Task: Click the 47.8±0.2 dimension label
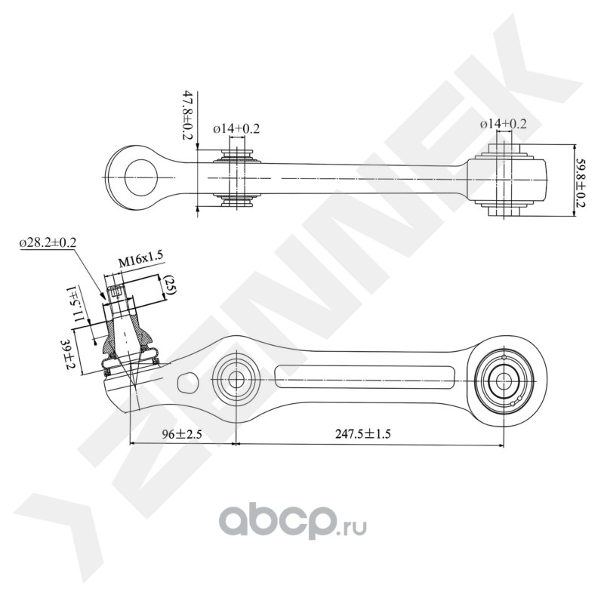(x=187, y=116)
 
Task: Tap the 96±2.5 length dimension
(x=182, y=435)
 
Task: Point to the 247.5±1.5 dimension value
(x=363, y=434)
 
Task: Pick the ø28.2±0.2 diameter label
(x=48, y=242)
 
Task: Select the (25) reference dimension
(x=170, y=285)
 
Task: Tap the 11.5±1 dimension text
(x=75, y=304)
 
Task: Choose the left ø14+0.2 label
(x=236, y=128)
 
